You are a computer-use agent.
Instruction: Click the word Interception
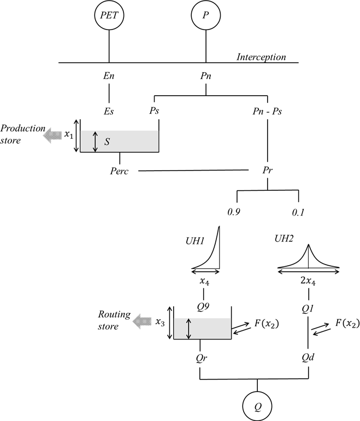(x=261, y=57)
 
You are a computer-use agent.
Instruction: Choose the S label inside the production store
(x=107, y=141)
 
